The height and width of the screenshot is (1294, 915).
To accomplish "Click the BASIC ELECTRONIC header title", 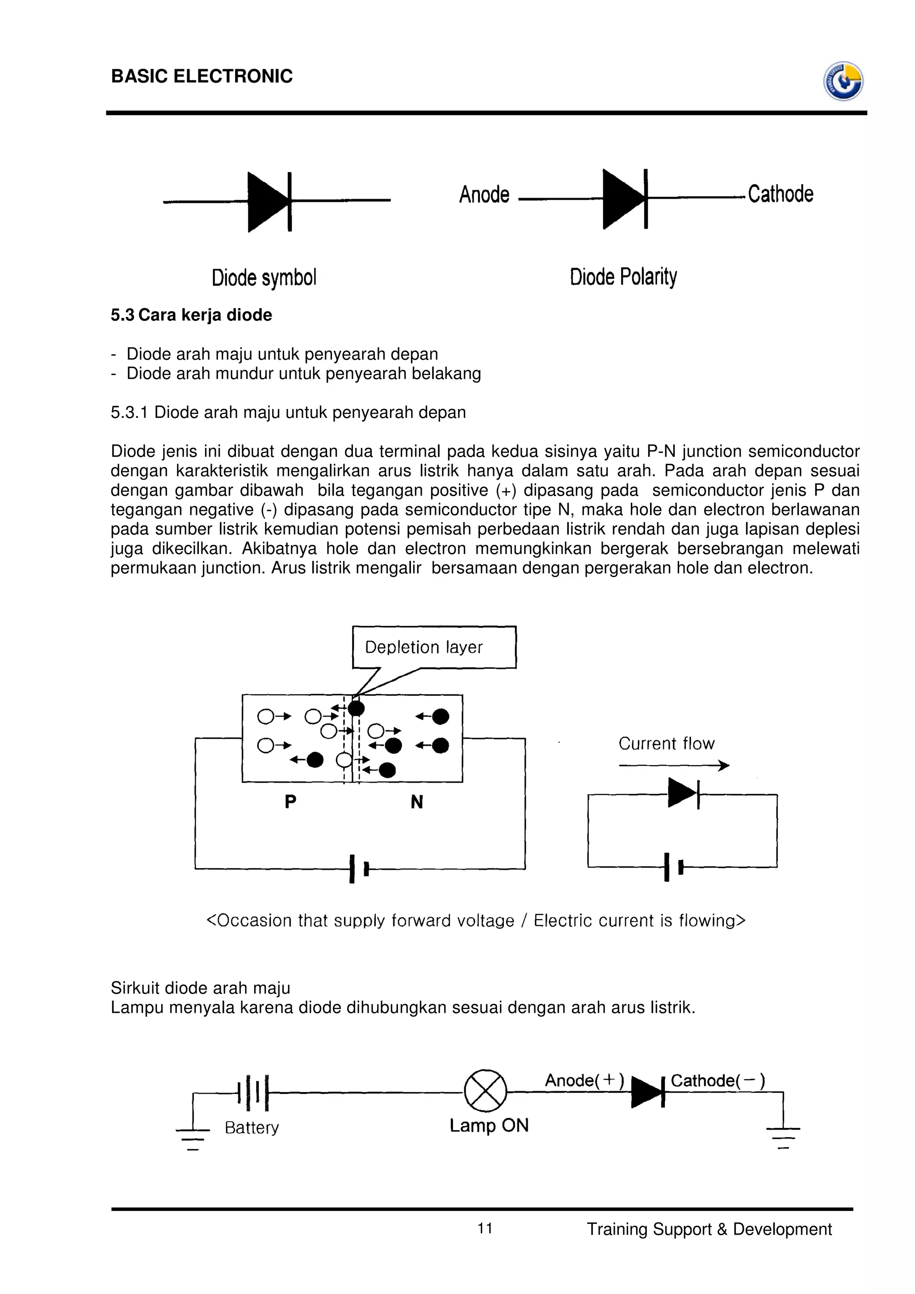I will pyautogui.click(x=202, y=76).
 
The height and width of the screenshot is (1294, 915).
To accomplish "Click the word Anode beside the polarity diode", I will pyautogui.click(x=484, y=194).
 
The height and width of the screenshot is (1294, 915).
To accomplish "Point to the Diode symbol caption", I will pyautogui.click(x=264, y=277).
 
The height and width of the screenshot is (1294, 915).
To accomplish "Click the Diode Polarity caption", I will pyautogui.click(x=623, y=277).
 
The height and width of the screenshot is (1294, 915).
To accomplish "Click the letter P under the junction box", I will pyautogui.click(x=290, y=801).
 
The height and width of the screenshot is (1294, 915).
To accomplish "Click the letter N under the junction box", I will pyautogui.click(x=417, y=801).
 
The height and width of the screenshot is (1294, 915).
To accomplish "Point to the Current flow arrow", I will pyautogui.click(x=674, y=765).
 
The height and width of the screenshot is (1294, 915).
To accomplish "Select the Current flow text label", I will pyautogui.click(x=667, y=743).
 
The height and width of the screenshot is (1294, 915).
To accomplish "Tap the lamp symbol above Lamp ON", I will pyautogui.click(x=485, y=1091).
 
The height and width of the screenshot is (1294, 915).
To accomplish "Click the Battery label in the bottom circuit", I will pyautogui.click(x=252, y=1127).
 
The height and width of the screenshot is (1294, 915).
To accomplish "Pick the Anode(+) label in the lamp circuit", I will pyautogui.click(x=584, y=1081).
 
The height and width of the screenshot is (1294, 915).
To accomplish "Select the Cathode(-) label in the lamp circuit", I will pyautogui.click(x=717, y=1081).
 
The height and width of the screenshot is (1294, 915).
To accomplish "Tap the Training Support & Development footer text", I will pyautogui.click(x=709, y=1229).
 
